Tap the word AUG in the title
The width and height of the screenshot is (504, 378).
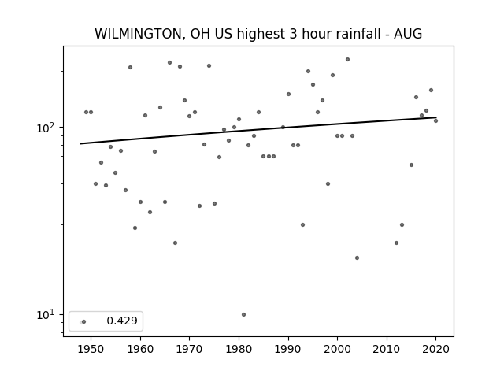(x=408, y=34)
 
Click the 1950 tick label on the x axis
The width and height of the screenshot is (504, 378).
(x=91, y=349)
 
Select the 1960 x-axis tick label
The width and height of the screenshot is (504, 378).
(x=140, y=349)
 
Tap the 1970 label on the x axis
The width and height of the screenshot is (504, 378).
(x=189, y=349)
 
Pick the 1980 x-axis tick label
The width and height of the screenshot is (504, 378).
(x=239, y=349)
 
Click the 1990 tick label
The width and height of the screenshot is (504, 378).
(x=288, y=349)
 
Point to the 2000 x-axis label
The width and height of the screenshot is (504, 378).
(x=338, y=349)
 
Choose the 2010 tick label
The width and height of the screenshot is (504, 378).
(x=387, y=349)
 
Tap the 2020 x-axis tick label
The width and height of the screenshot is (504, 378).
(x=435, y=349)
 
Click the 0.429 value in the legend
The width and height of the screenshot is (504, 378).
(x=122, y=321)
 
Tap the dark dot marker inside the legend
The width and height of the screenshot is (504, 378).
(x=84, y=322)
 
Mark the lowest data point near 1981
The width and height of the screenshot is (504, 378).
(x=243, y=315)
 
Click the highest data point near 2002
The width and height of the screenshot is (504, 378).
(x=347, y=60)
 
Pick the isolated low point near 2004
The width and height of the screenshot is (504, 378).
(x=357, y=258)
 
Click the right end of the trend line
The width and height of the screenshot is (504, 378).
(x=436, y=117)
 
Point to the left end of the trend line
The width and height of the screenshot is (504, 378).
(x=80, y=143)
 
